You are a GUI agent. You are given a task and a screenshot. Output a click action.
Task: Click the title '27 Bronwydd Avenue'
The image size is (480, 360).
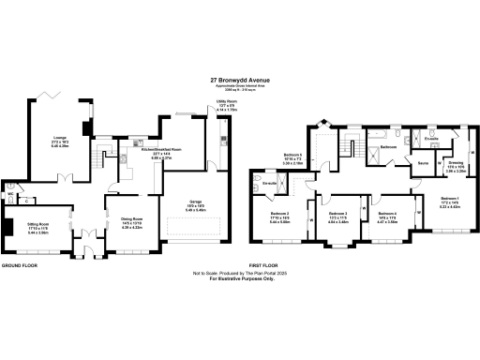tap(240, 81)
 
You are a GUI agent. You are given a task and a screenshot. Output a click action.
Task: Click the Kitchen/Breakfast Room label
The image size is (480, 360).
tap(160, 149)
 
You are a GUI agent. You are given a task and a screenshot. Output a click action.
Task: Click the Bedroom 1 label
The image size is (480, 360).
tap(450, 199)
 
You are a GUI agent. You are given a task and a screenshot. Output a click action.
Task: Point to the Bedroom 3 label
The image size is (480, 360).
tap(338, 215)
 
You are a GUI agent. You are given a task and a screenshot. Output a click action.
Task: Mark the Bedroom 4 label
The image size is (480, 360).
tap(388, 215)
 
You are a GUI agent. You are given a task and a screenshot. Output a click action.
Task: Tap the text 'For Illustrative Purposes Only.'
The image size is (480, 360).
tap(239, 280)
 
